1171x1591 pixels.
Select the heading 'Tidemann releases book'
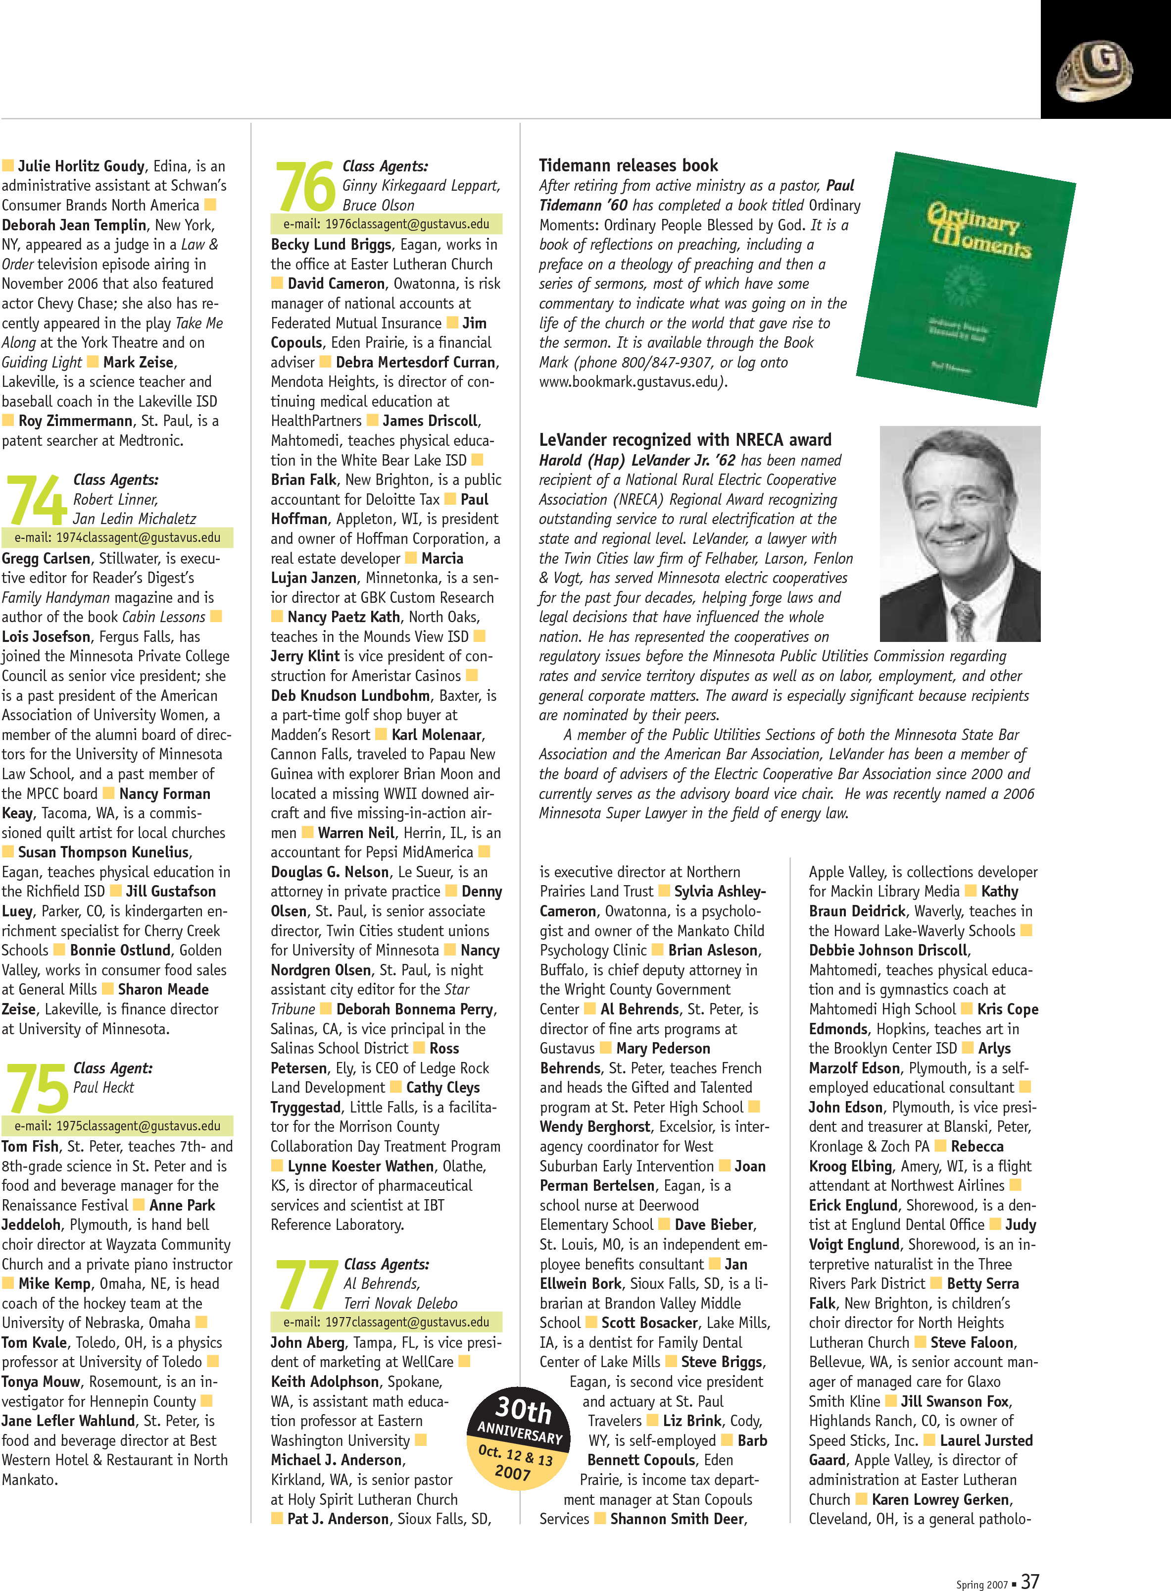[x=628, y=165]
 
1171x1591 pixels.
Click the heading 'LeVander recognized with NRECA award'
[x=685, y=440]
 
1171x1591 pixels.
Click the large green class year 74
[x=36, y=500]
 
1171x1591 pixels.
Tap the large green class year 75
[x=37, y=1089]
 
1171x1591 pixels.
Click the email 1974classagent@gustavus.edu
[x=117, y=537]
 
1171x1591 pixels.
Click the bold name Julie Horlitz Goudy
[x=81, y=166]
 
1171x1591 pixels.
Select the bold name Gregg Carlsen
[x=46, y=558]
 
